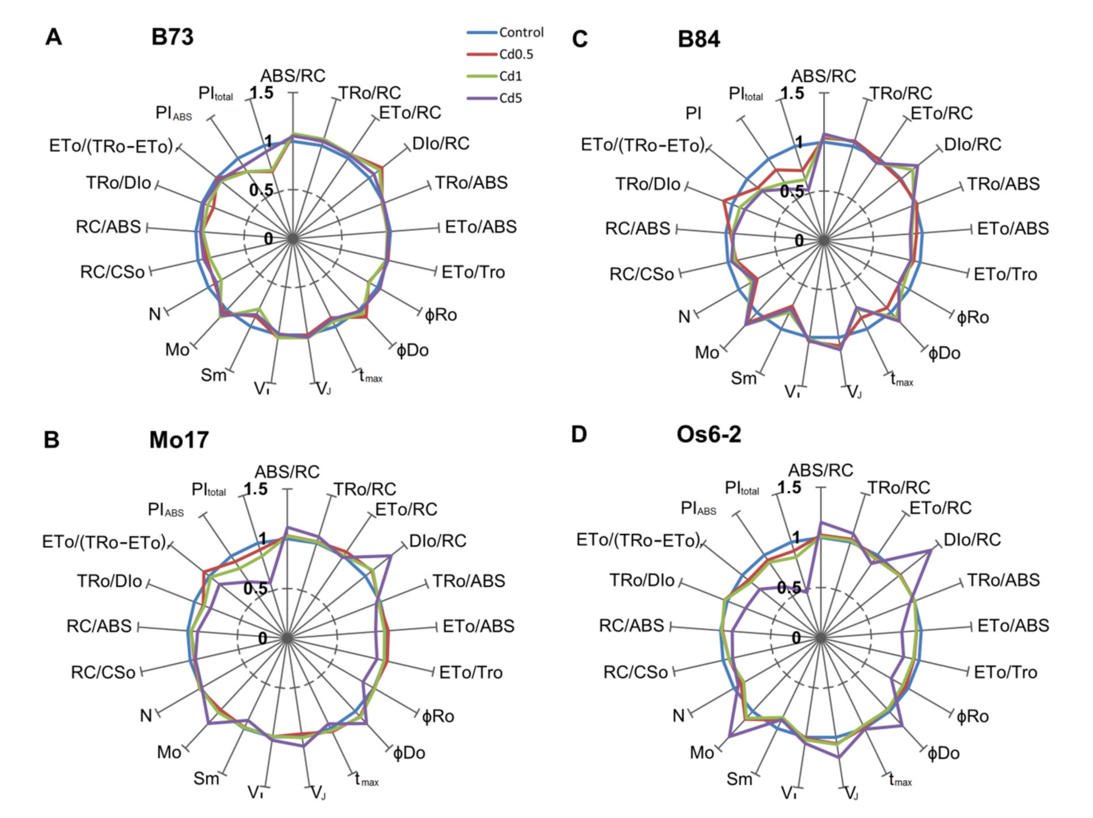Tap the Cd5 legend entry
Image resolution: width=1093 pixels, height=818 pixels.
click(x=510, y=98)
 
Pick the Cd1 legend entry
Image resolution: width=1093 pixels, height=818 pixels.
click(x=510, y=76)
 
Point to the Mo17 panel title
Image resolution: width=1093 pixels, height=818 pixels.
click(x=179, y=440)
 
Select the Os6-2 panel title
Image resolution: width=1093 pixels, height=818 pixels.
click(x=708, y=435)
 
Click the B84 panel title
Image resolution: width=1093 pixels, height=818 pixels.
click(x=699, y=40)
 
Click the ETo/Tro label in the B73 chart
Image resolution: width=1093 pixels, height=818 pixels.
click(x=473, y=272)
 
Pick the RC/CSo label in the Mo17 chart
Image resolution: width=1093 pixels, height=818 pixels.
click(x=103, y=672)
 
